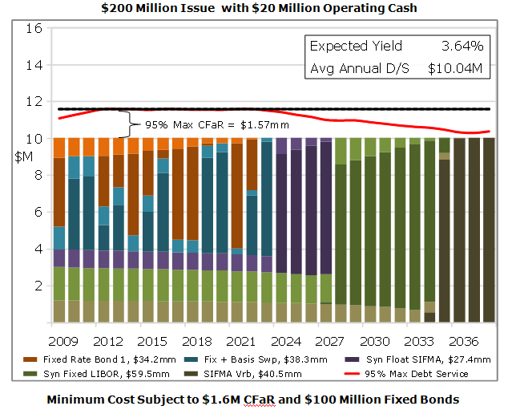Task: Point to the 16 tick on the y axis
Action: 34,28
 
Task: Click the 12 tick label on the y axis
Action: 34,102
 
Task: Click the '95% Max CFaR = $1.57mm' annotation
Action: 217,125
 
